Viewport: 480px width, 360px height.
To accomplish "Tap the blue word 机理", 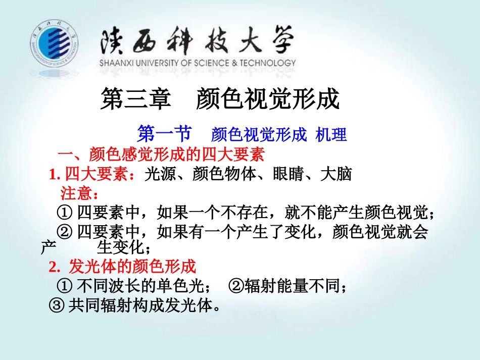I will pyautogui.click(x=331, y=135).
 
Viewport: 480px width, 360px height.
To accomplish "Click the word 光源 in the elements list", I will pyautogui.click(x=156, y=174).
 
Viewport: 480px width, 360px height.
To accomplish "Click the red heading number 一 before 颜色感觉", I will pyautogui.click(x=65, y=153).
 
